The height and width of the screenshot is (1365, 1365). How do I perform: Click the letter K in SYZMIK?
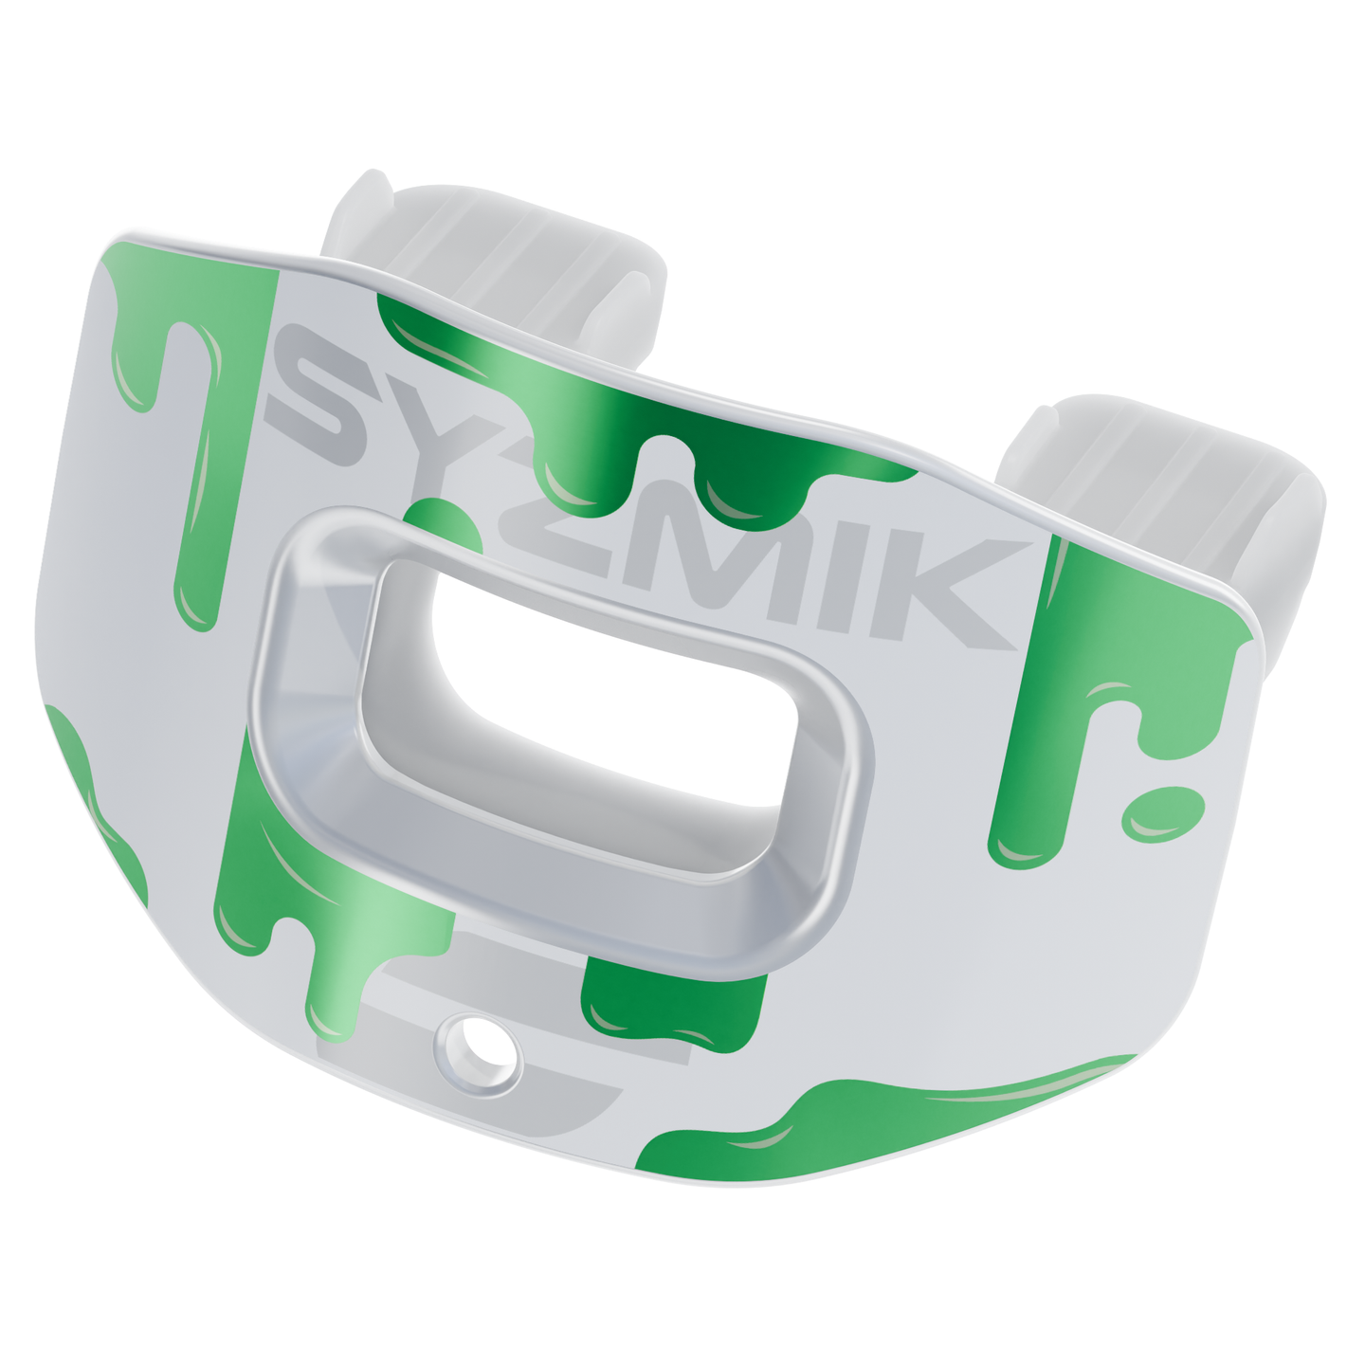(957, 597)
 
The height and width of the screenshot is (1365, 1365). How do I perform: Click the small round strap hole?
(478, 1053)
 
